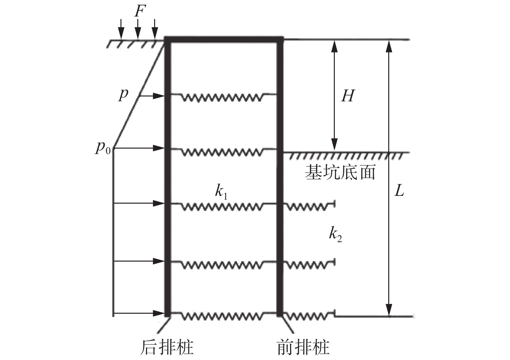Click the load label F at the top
pos(138,12)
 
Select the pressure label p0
pos(103,148)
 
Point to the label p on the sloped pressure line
pos(123,95)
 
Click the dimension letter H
pos(347,96)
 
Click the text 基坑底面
pos(340,172)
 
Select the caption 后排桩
pos(167,347)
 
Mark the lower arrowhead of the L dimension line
pos(389,309)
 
